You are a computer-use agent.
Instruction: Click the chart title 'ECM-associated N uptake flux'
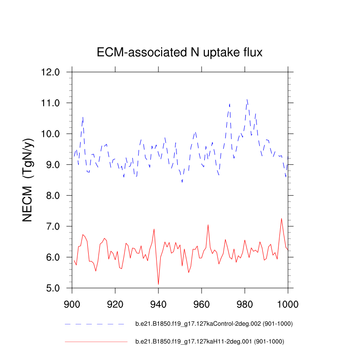coord(180,53)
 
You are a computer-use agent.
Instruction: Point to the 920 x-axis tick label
coord(115,304)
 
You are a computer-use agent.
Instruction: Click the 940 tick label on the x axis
coord(158,304)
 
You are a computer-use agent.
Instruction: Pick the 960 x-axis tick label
coord(202,304)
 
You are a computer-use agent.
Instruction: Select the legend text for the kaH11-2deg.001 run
coord(210,342)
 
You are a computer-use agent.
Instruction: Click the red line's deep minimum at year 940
coord(158,284)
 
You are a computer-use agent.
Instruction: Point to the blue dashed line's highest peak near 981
coord(247,99)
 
